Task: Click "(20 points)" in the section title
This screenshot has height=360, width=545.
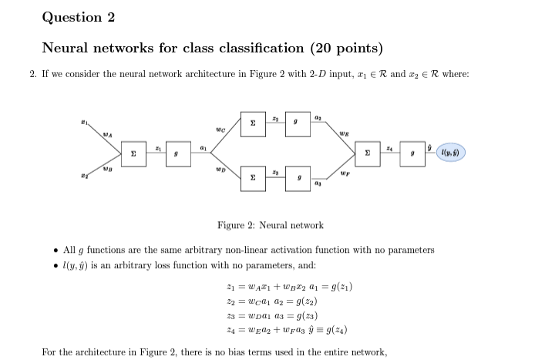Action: click(346, 49)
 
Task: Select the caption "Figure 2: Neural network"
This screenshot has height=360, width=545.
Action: click(270, 225)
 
